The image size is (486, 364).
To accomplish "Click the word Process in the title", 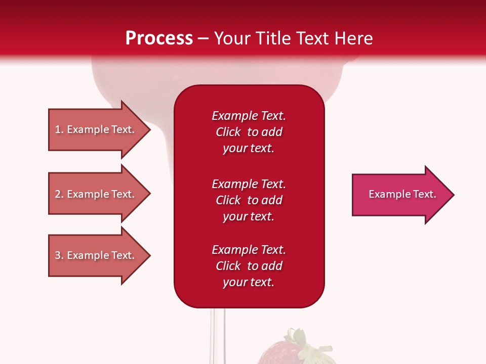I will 159,38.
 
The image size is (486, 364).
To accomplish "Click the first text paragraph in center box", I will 249,132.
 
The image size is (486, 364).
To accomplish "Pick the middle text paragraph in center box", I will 249,200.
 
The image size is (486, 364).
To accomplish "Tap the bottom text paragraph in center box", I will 249,266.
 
